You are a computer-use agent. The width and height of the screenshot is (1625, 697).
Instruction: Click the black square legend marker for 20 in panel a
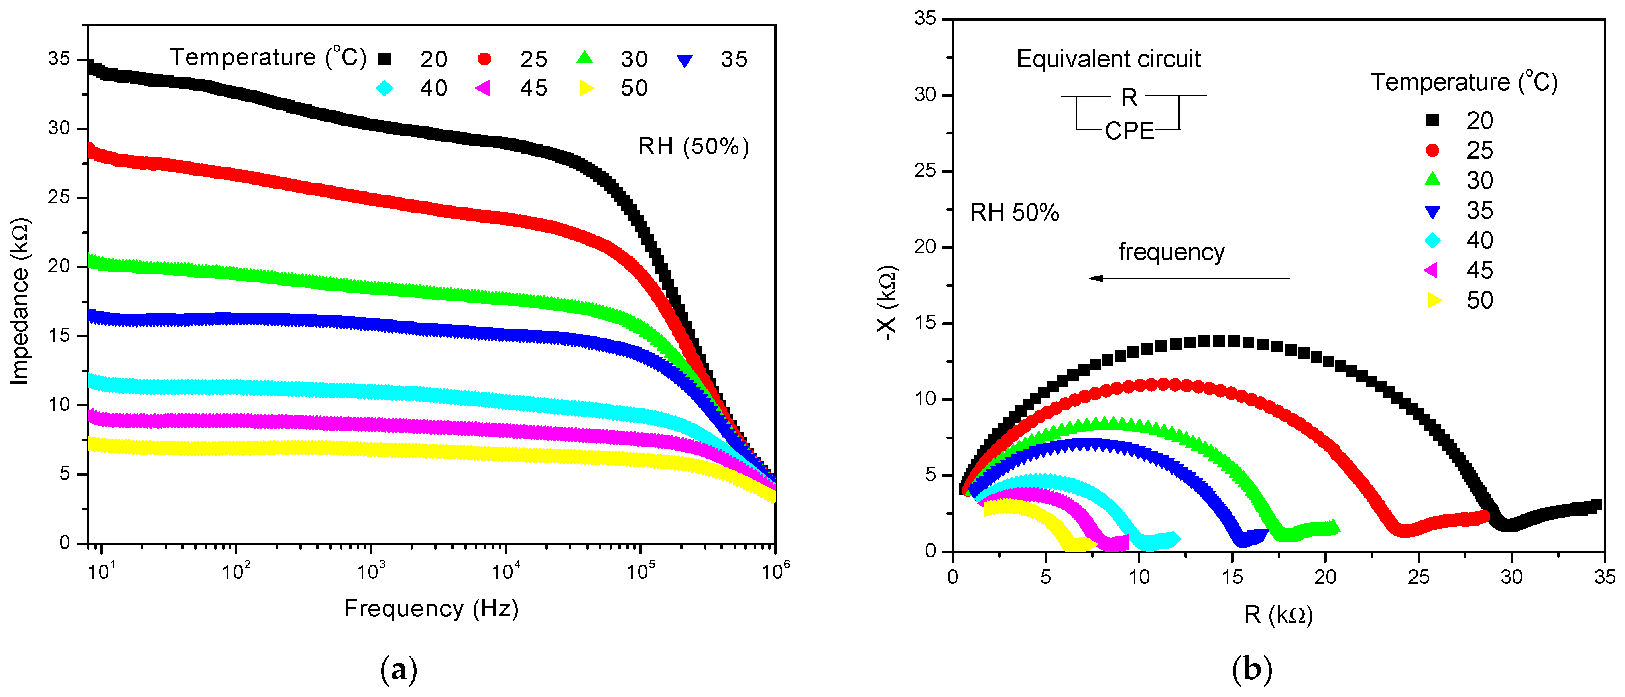point(384,59)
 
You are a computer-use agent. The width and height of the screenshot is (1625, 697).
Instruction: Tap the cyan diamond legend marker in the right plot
point(1433,240)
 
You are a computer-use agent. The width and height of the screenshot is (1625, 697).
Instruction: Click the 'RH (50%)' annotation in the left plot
point(693,146)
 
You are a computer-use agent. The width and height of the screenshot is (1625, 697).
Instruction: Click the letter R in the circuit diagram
point(1129,98)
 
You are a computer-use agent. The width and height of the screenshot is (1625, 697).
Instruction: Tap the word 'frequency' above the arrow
point(1171,252)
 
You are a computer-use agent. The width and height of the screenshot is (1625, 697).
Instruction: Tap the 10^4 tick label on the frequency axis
point(505,571)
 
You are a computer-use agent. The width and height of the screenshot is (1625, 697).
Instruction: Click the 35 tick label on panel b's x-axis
point(1604,577)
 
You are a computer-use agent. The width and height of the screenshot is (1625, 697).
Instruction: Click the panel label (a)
point(399,669)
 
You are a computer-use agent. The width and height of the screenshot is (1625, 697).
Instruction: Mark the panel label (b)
point(1251,669)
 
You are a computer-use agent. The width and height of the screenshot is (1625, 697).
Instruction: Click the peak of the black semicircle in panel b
point(1219,341)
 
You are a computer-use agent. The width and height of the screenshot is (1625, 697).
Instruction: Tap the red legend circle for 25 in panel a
point(484,59)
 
